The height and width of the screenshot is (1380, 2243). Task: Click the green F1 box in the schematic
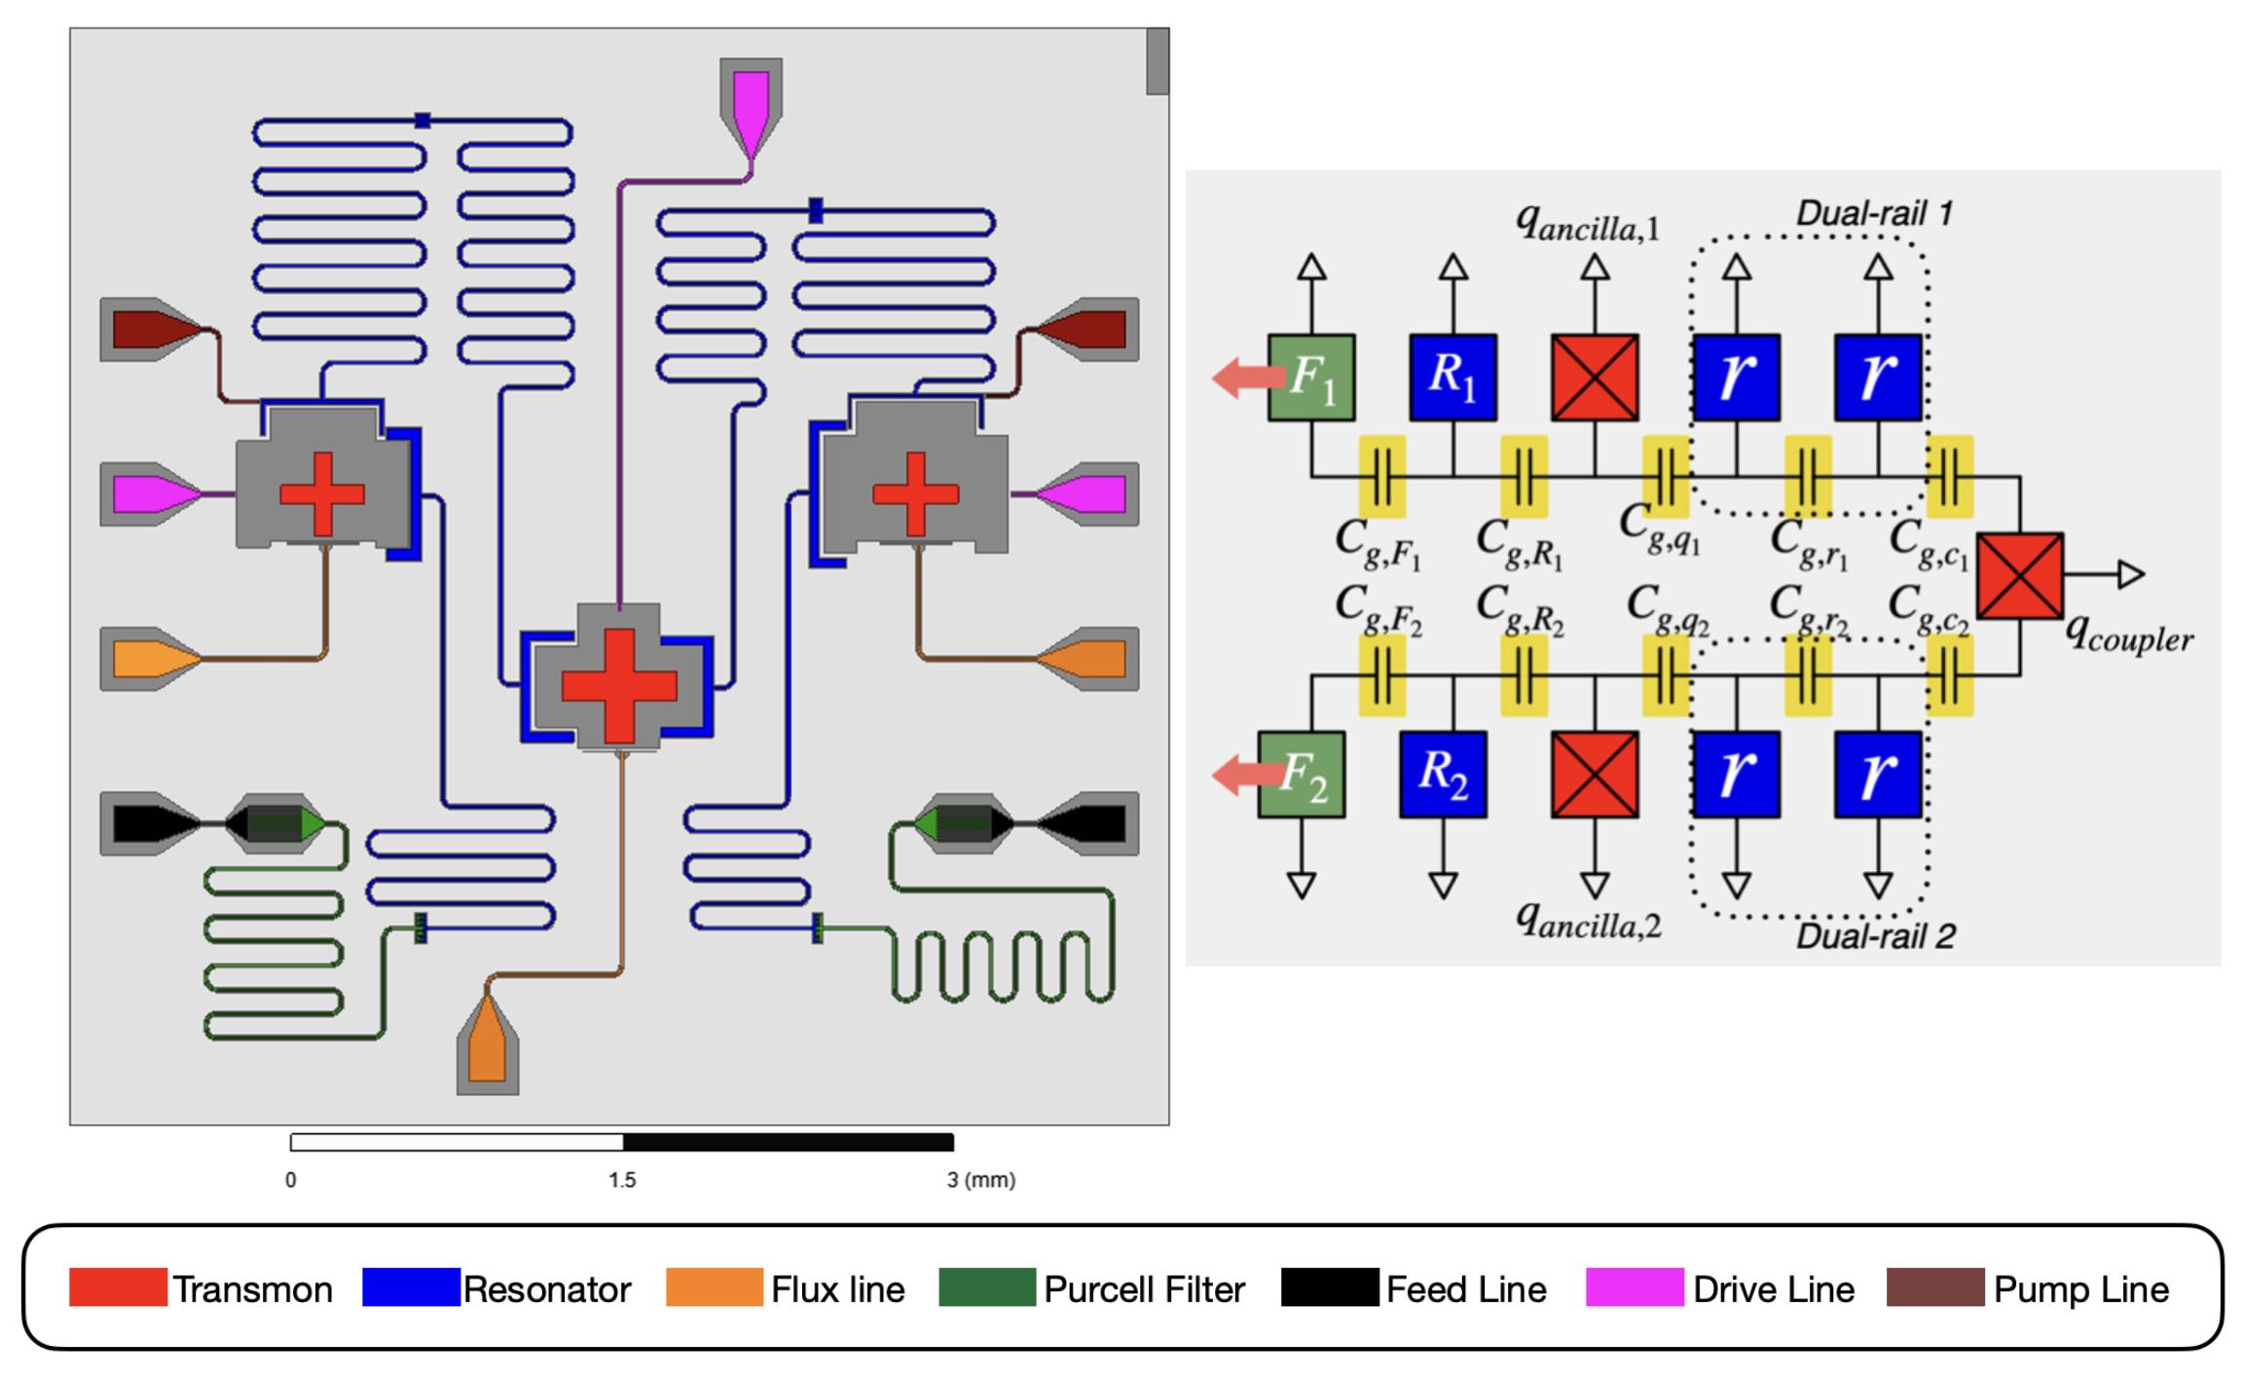coord(1311,378)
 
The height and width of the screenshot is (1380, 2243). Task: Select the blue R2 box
coord(1444,774)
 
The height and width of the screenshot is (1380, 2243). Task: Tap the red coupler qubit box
coord(2020,575)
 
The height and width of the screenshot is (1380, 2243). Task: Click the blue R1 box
coord(1453,378)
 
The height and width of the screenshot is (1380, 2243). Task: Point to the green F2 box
coord(1302,774)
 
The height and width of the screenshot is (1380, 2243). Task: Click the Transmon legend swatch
coord(118,1287)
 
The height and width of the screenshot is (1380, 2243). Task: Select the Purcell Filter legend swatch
coord(987,1287)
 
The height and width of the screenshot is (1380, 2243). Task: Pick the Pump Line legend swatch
coord(1935,1287)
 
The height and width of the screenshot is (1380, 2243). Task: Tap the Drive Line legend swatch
coord(1635,1287)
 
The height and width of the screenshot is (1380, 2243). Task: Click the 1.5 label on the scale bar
coord(622,1180)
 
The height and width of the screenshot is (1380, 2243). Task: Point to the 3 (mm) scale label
coord(981,1180)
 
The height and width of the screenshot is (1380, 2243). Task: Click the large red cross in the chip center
coord(619,685)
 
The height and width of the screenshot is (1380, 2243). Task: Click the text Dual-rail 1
coord(1874,213)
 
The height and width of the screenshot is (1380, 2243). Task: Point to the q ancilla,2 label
coord(1589,919)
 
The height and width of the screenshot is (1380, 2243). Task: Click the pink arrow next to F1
coord(1248,378)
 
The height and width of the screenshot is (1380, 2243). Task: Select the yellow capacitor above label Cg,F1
coord(1382,476)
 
